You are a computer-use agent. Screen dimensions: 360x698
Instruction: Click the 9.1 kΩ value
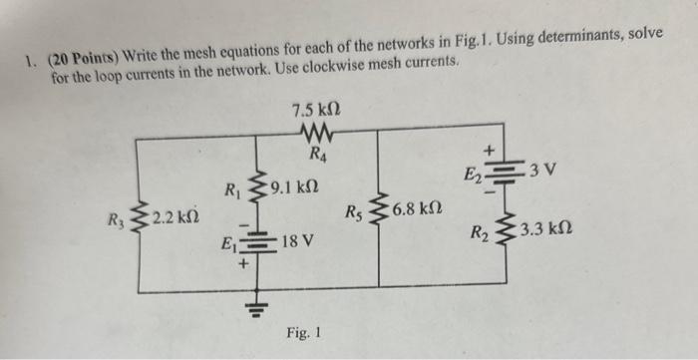(294, 185)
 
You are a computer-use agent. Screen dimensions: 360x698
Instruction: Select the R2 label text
(480, 236)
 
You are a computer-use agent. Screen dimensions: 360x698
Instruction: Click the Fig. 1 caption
(303, 331)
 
